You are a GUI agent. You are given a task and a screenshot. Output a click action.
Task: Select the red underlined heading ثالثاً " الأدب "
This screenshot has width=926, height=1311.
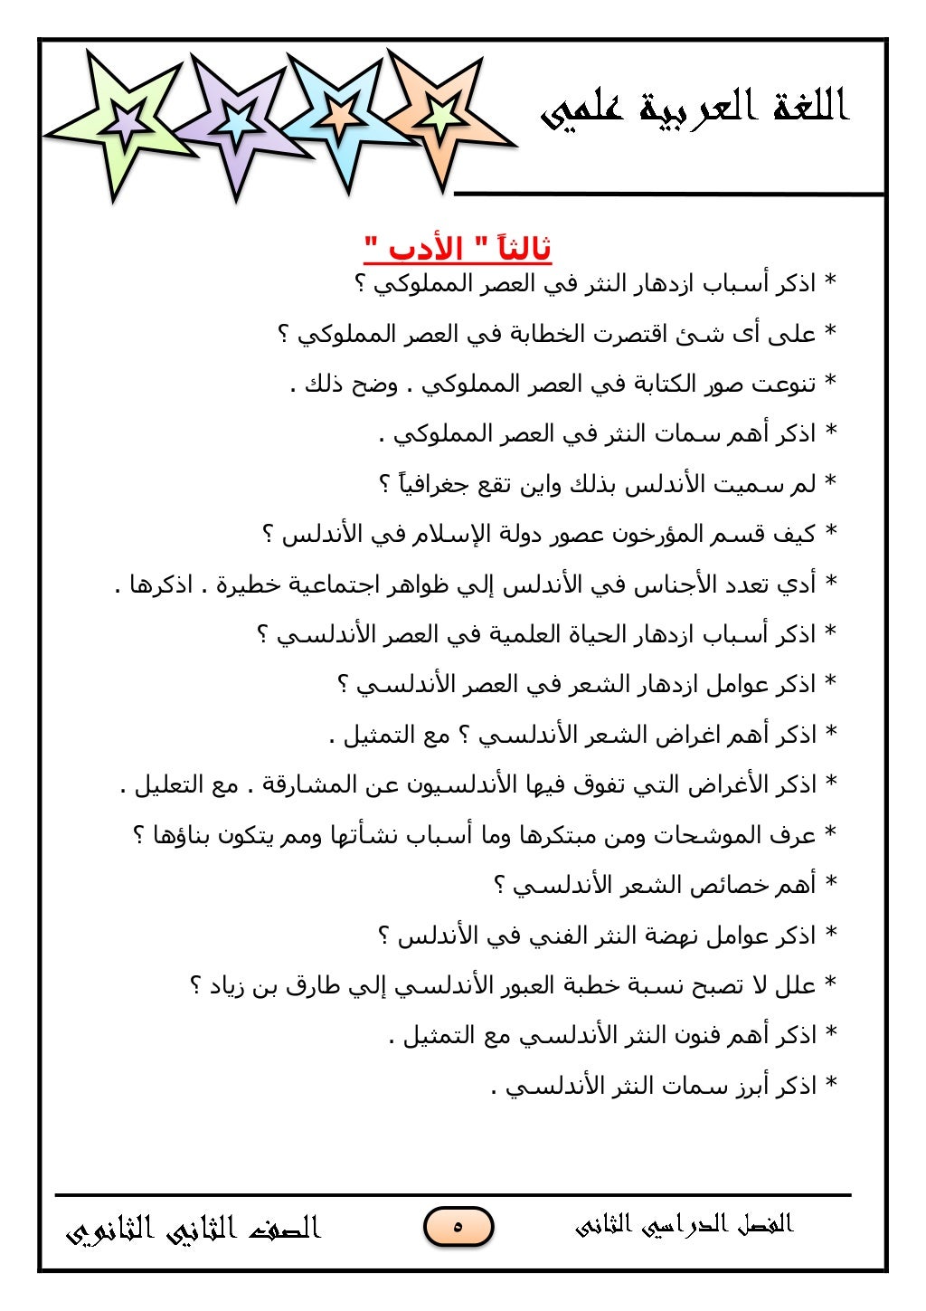tap(458, 248)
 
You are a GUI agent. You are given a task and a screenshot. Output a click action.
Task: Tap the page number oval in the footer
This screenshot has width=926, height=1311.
tap(458, 1227)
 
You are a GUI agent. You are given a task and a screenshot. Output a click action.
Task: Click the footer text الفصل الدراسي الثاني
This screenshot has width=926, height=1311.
tap(684, 1225)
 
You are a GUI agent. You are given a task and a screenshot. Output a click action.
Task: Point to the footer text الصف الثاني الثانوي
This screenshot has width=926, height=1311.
tap(194, 1229)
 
